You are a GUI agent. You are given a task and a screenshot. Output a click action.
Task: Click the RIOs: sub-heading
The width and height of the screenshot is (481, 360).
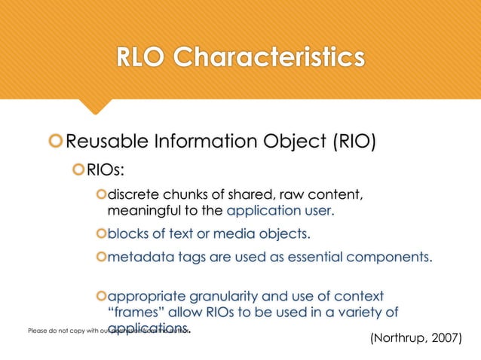(x=106, y=172)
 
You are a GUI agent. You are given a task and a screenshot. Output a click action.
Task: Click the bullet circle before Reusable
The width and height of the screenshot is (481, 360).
(x=54, y=142)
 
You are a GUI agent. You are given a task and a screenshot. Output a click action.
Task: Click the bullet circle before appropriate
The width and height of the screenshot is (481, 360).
(x=102, y=296)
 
